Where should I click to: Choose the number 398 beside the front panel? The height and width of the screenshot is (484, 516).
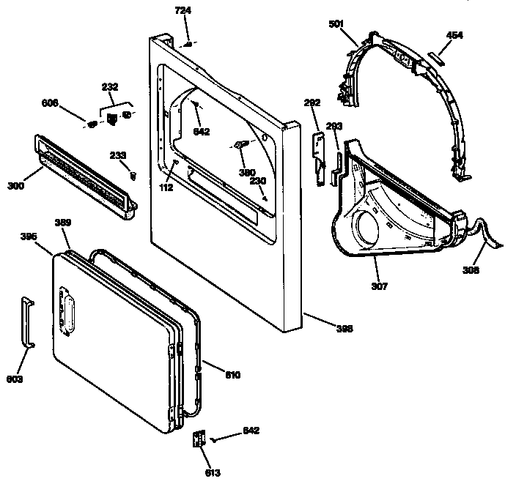pyautogui.click(x=343, y=329)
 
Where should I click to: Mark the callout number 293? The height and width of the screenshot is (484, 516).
pyautogui.click(x=334, y=127)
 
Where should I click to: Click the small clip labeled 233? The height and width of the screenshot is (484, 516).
pyautogui.click(x=133, y=174)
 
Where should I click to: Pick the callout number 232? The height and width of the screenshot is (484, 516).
pyautogui.click(x=109, y=87)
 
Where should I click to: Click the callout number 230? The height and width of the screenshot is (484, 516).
pyautogui.click(x=257, y=181)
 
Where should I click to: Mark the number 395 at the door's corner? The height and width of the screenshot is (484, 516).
pyautogui.click(x=29, y=236)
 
